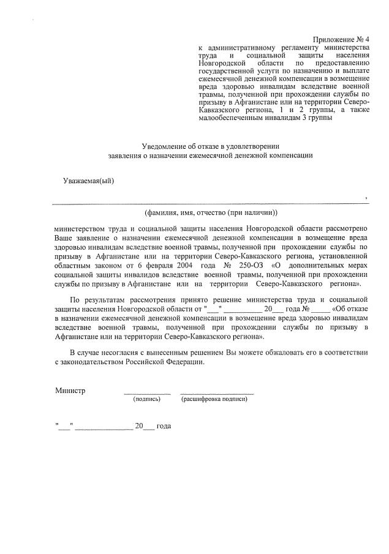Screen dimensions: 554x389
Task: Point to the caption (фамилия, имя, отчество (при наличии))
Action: pos(211,212)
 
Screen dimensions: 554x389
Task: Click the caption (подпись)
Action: pos(146,399)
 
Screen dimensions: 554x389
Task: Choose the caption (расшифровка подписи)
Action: pos(214,399)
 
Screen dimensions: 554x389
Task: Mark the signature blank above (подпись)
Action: pos(147,392)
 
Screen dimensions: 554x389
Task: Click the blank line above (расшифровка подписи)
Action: pos(217,392)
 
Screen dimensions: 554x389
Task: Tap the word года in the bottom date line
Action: pos(164,425)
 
